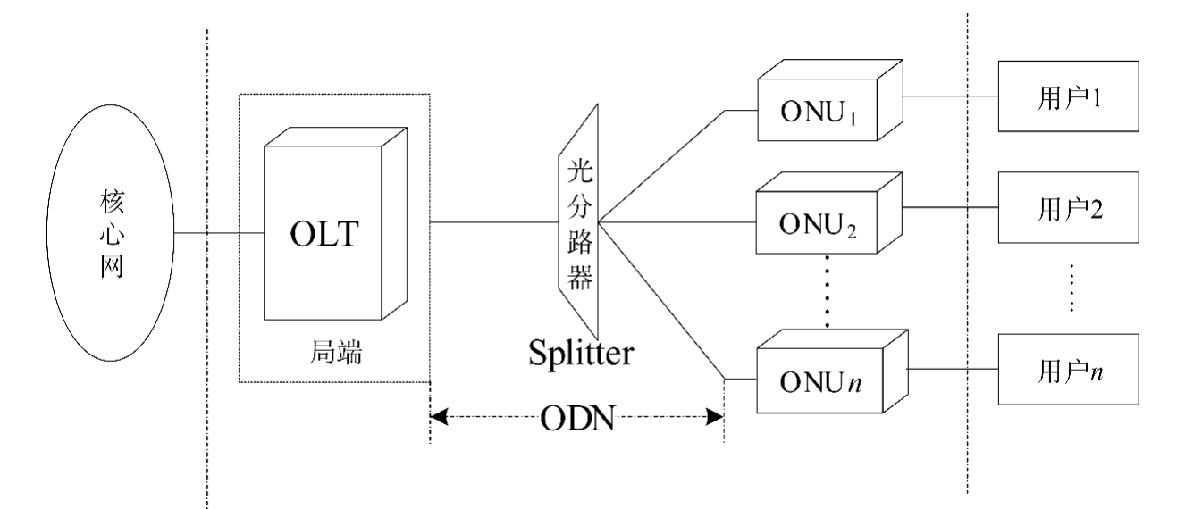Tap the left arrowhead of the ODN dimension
pos(438,415)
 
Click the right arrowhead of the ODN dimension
pos(715,415)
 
